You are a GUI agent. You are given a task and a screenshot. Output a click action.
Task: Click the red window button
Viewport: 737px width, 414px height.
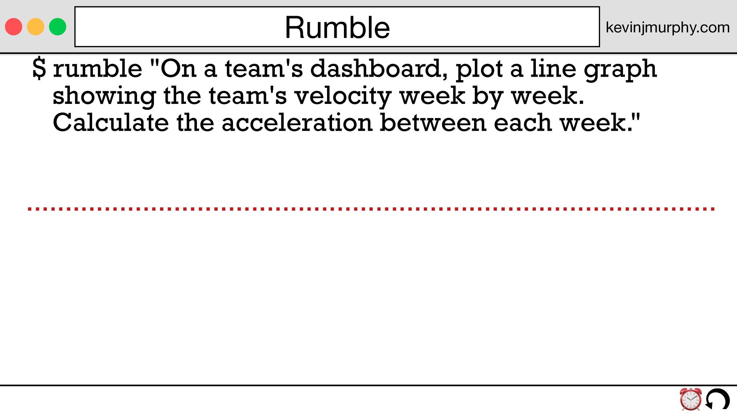pyautogui.click(x=13, y=27)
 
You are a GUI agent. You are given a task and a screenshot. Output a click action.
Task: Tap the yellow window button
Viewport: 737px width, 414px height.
pyautogui.click(x=36, y=27)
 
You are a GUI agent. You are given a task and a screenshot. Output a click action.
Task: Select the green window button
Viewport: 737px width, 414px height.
pyautogui.click(x=58, y=27)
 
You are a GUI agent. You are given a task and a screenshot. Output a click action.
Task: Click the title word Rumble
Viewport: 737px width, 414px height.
pyautogui.click(x=337, y=28)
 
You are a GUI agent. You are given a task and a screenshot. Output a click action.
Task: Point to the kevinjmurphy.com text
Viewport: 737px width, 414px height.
pyautogui.click(x=668, y=28)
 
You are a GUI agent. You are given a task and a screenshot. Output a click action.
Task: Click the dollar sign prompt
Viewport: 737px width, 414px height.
pyautogui.click(x=39, y=69)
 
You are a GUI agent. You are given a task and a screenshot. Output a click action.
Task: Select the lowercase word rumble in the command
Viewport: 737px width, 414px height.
pyautogui.click(x=97, y=69)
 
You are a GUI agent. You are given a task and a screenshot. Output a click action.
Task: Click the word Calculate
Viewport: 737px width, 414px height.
pyautogui.click(x=111, y=123)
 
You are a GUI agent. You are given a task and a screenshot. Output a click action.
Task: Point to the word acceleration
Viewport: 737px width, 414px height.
pyautogui.click(x=297, y=123)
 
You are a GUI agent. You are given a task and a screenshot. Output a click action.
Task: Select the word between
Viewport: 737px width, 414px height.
pyautogui.click(x=433, y=123)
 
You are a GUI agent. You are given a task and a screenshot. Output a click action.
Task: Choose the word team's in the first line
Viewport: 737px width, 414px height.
pyautogui.click(x=264, y=69)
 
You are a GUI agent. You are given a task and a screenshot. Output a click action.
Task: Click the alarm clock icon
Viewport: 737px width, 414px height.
pyautogui.click(x=691, y=399)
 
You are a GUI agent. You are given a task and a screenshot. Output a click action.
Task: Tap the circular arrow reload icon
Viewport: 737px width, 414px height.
pyautogui.click(x=717, y=399)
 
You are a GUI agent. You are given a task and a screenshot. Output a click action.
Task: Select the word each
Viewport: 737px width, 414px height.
pyautogui.click(x=523, y=123)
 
